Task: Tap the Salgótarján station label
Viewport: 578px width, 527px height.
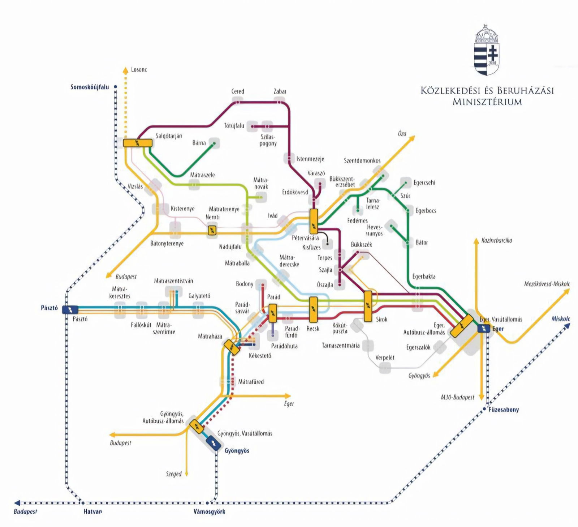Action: click(169, 136)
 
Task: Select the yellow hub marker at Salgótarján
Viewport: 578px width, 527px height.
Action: click(138, 143)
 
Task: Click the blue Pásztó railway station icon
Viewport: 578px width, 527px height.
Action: click(70, 309)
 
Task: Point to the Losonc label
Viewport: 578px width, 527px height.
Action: click(139, 69)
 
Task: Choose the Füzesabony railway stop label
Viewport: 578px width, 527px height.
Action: click(504, 410)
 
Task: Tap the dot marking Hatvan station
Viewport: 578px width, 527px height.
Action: click(82, 503)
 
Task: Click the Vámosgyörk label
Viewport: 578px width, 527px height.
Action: click(209, 511)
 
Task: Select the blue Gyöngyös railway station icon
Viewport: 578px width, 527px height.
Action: click(213, 442)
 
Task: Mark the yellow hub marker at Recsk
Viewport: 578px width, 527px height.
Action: click(313, 309)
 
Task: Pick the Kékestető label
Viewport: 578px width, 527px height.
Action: click(260, 356)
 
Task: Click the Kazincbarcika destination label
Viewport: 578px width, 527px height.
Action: click(497, 240)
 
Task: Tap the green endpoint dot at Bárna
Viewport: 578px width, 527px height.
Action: click(215, 144)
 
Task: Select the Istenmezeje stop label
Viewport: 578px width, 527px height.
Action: click(310, 159)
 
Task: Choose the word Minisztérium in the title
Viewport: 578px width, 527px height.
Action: click(487, 102)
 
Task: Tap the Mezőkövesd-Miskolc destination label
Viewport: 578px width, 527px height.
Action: click(547, 284)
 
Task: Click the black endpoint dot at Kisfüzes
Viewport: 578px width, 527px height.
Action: click(328, 244)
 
